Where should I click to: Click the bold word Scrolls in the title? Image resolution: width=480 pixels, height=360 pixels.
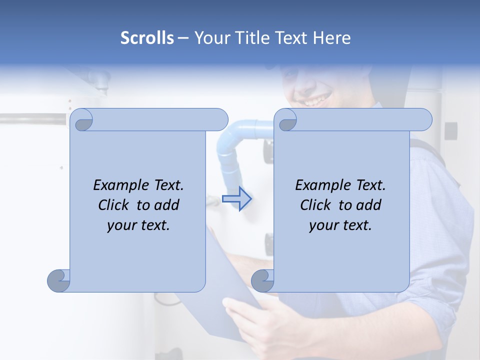click(147, 38)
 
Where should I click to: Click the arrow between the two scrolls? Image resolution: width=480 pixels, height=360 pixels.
click(237, 199)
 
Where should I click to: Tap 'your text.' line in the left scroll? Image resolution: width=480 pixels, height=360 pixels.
click(138, 225)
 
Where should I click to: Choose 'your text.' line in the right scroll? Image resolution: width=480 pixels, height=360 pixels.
click(340, 225)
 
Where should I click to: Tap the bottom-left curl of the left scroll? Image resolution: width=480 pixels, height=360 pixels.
click(58, 280)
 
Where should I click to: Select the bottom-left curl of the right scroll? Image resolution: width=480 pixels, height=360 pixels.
click(262, 280)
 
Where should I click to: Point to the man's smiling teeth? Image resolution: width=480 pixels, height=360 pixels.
click(313, 101)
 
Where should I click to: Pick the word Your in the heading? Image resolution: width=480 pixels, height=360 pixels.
click(210, 38)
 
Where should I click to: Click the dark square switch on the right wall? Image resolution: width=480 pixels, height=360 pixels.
click(450, 131)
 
